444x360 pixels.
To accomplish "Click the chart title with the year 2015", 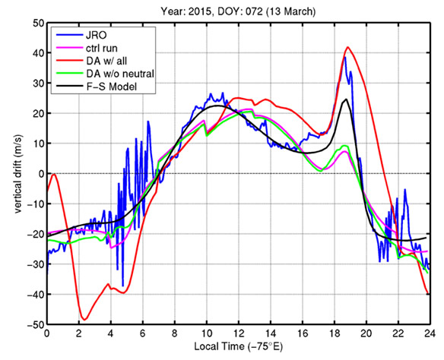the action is pos(238,11).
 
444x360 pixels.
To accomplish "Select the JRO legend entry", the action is pos(81,35).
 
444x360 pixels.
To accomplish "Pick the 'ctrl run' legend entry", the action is pos(87,48).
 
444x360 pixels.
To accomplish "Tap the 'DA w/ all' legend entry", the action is pos(91,61).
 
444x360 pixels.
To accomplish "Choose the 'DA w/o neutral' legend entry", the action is pos(105,74).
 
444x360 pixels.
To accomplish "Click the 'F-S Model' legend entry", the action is pos(97,87).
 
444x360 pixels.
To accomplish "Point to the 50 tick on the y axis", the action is pos(38,23).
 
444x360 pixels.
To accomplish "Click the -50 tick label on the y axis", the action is pos(36,324).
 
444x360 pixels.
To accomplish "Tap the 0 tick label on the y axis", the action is pos(41,174).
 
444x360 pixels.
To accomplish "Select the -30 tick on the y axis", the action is pos(36,264).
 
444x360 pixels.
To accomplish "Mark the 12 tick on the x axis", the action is pos(239,333).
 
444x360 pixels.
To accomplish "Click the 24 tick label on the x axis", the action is pos(430,333).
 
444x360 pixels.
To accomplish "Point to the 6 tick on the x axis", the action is pos(143,333).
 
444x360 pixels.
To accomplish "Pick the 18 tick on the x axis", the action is pos(335,333).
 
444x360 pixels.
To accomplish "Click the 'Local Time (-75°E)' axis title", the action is pos(239,346).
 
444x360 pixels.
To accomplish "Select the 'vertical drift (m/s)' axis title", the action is pos(18,174).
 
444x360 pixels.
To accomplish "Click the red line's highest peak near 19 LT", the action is pos(347,47).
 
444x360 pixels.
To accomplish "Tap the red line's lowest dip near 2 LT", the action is pos(84,320).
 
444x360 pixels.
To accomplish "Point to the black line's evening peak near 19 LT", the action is pos(346,99).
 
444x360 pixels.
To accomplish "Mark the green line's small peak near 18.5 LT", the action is pos(344,146).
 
